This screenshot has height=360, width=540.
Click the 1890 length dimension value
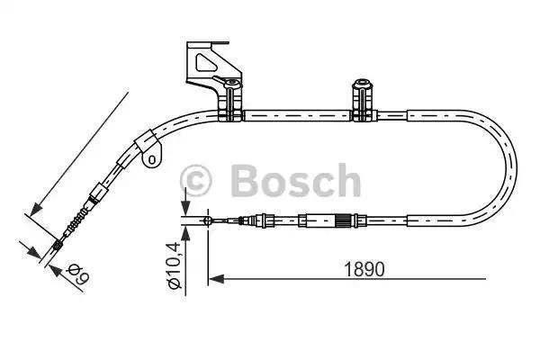(364, 269)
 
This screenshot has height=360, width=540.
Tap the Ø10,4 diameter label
(174, 265)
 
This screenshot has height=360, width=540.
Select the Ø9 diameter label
(78, 274)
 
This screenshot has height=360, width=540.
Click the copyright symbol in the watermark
(195, 180)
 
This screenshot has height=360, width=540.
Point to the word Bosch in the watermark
(295, 180)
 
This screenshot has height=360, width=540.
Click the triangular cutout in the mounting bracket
(206, 63)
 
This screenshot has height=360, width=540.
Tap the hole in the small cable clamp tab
(151, 159)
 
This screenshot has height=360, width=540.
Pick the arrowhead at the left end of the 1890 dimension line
(216, 279)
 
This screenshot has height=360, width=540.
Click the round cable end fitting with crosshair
(208, 220)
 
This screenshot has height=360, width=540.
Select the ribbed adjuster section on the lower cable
(343, 220)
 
